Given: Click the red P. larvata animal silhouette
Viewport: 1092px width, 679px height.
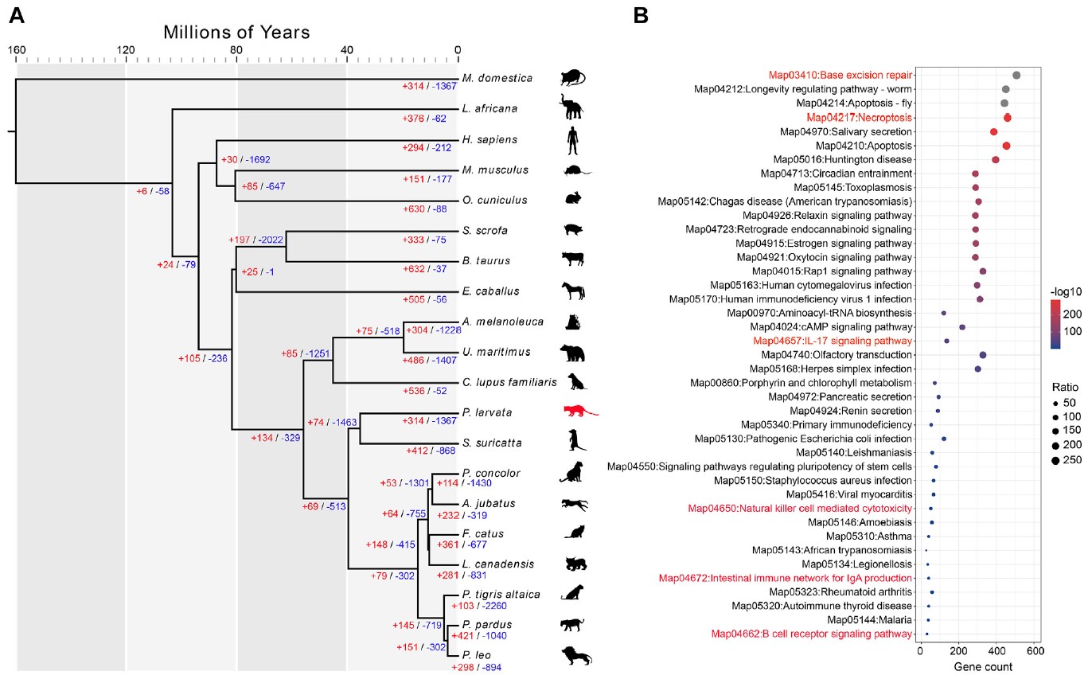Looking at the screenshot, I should pos(579,412).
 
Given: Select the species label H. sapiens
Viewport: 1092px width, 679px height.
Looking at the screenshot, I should pos(489,139).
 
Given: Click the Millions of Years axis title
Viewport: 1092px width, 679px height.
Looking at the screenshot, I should pos(236,33).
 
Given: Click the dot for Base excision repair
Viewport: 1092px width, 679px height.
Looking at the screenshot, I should pos(1016,75).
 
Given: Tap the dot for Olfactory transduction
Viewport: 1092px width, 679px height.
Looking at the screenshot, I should pos(982,355).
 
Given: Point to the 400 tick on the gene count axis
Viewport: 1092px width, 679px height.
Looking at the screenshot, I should pos(996,650).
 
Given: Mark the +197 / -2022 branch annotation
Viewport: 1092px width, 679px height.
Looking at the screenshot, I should pos(255,240).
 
